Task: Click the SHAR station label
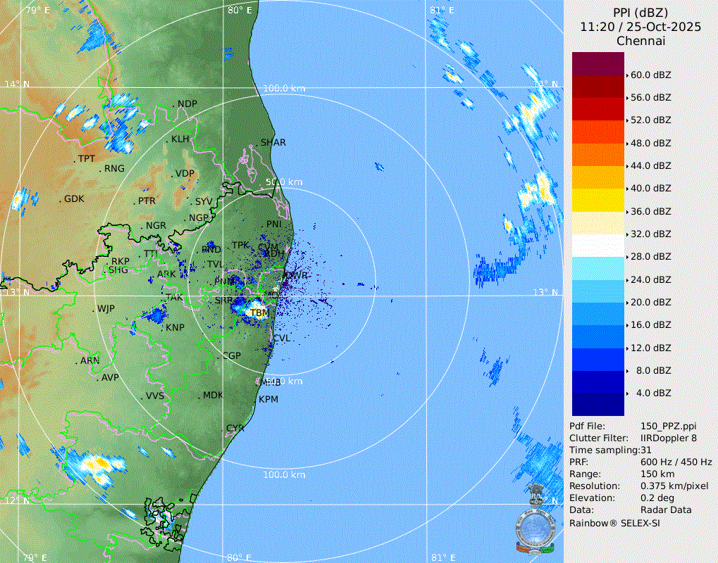click(x=273, y=142)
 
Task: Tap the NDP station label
click(x=187, y=104)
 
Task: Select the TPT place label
click(x=86, y=159)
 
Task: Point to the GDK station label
click(x=74, y=199)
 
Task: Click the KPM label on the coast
click(x=268, y=399)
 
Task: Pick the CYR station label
click(x=235, y=428)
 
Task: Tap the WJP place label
click(x=106, y=308)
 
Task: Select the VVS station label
click(x=155, y=396)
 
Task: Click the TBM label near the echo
click(x=259, y=312)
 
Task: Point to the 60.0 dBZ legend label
click(x=650, y=75)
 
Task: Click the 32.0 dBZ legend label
click(x=650, y=234)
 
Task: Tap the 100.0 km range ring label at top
click(x=284, y=89)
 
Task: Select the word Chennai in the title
click(x=640, y=41)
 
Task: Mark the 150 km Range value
click(x=657, y=474)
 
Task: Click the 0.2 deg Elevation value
click(x=658, y=498)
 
